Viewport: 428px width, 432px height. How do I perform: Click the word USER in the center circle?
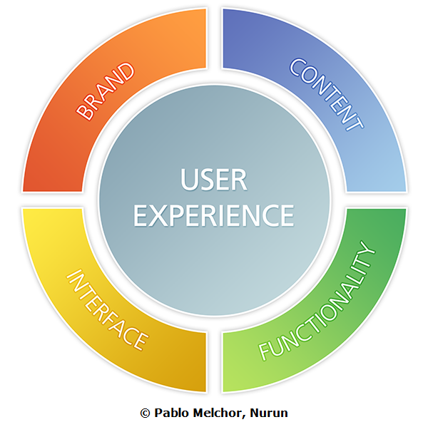click(214, 180)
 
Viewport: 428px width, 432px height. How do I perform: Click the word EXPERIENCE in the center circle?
click(214, 215)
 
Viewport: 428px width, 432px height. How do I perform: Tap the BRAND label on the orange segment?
click(106, 91)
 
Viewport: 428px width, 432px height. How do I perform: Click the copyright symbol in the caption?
click(146, 413)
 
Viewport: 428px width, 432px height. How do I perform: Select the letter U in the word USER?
click(189, 180)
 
